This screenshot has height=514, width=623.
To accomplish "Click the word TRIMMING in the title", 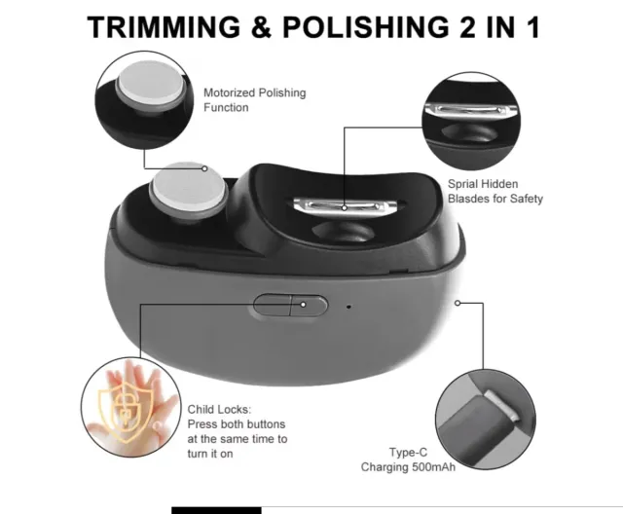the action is [164, 27].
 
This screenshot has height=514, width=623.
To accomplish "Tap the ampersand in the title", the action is [262, 27].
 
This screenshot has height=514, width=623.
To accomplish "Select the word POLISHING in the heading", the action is [366, 27].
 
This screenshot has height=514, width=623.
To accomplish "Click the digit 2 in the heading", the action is [467, 27].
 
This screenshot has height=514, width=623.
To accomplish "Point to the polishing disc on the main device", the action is [188, 190].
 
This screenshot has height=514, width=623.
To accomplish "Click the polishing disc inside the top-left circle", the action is [150, 88].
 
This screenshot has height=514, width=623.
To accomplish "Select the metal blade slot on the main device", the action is [345, 207].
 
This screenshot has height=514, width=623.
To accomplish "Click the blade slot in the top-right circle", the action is [471, 110].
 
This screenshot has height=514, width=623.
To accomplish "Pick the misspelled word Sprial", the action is [463, 184].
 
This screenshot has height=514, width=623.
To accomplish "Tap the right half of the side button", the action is [310, 306].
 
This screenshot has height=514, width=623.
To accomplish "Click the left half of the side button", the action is [273, 305].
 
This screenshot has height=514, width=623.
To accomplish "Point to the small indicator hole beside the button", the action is [348, 307].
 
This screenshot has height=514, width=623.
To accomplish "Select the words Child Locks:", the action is [219, 410].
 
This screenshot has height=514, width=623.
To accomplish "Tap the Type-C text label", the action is [408, 453].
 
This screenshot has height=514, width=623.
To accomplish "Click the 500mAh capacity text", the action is [433, 467].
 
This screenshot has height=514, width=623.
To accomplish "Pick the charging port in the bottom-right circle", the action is [502, 405].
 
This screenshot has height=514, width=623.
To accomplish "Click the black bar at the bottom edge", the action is [216, 510].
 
